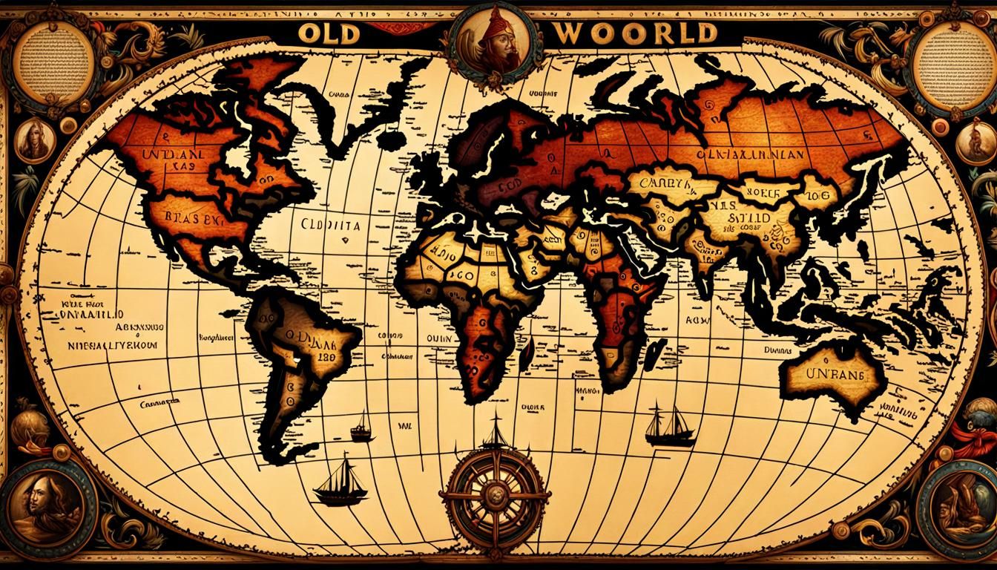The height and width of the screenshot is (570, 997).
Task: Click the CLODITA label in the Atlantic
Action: coord(332,223)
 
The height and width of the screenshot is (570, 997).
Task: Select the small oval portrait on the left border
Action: coord(33,140)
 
